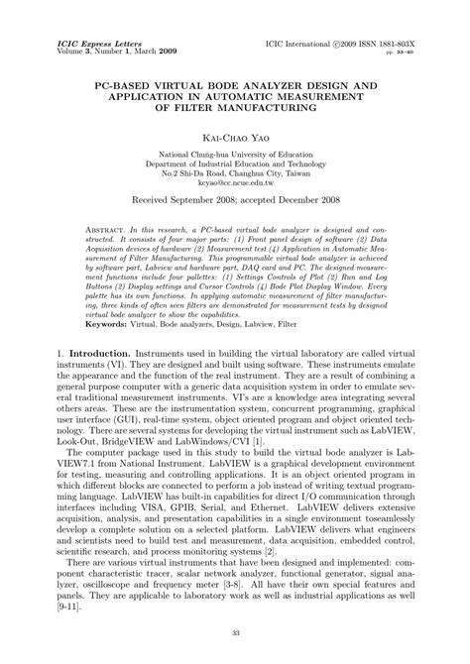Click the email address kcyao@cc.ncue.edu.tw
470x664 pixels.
(x=234, y=185)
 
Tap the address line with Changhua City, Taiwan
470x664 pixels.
(x=234, y=174)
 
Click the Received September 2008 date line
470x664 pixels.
(x=234, y=201)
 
